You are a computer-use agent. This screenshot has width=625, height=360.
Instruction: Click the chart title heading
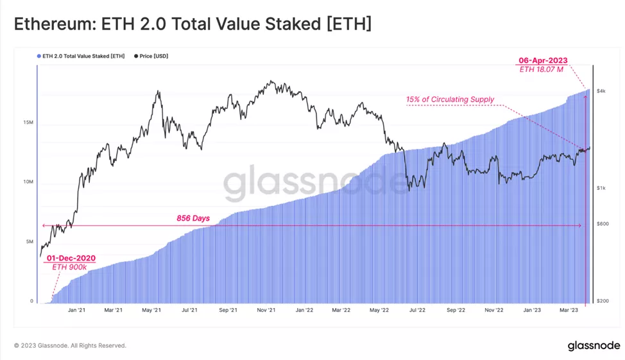[193, 25]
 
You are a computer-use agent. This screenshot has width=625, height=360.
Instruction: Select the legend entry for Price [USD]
[152, 56]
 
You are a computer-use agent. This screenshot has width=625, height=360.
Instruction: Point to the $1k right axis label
[601, 188]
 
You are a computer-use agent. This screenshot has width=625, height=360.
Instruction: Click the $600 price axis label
[602, 223]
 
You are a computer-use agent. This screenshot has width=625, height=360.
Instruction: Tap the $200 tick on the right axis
[602, 301]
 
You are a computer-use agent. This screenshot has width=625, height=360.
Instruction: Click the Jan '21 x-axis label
[77, 311]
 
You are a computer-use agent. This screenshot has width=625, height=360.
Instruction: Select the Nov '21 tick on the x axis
[266, 311]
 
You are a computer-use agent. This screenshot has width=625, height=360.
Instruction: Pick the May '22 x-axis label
[380, 311]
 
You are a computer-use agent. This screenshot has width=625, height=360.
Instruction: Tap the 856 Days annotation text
[193, 218]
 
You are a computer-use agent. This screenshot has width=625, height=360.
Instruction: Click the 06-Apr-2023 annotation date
[543, 60]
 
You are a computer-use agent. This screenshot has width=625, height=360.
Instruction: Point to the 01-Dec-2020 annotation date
[71, 258]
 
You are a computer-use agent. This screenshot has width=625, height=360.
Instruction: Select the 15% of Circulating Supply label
[450, 99]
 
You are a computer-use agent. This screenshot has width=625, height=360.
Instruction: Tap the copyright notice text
[70, 346]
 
